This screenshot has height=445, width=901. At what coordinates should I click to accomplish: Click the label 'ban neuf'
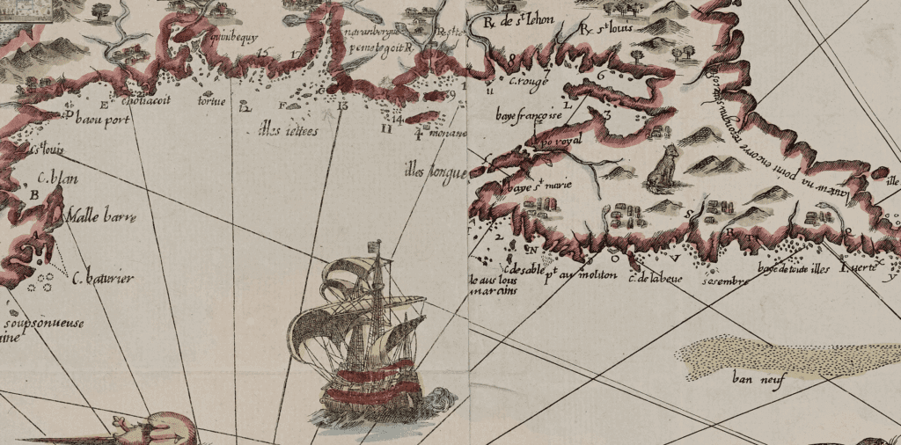(751, 380)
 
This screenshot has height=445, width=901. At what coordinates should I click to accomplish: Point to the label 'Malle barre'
(96, 214)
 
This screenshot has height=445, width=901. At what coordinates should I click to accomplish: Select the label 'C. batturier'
(103, 280)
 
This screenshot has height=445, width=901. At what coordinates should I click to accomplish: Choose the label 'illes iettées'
(283, 132)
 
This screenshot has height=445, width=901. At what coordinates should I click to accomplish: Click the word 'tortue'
(213, 100)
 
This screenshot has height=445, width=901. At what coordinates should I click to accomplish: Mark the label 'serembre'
(719, 281)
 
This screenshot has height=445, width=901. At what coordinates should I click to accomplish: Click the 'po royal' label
(558, 140)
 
